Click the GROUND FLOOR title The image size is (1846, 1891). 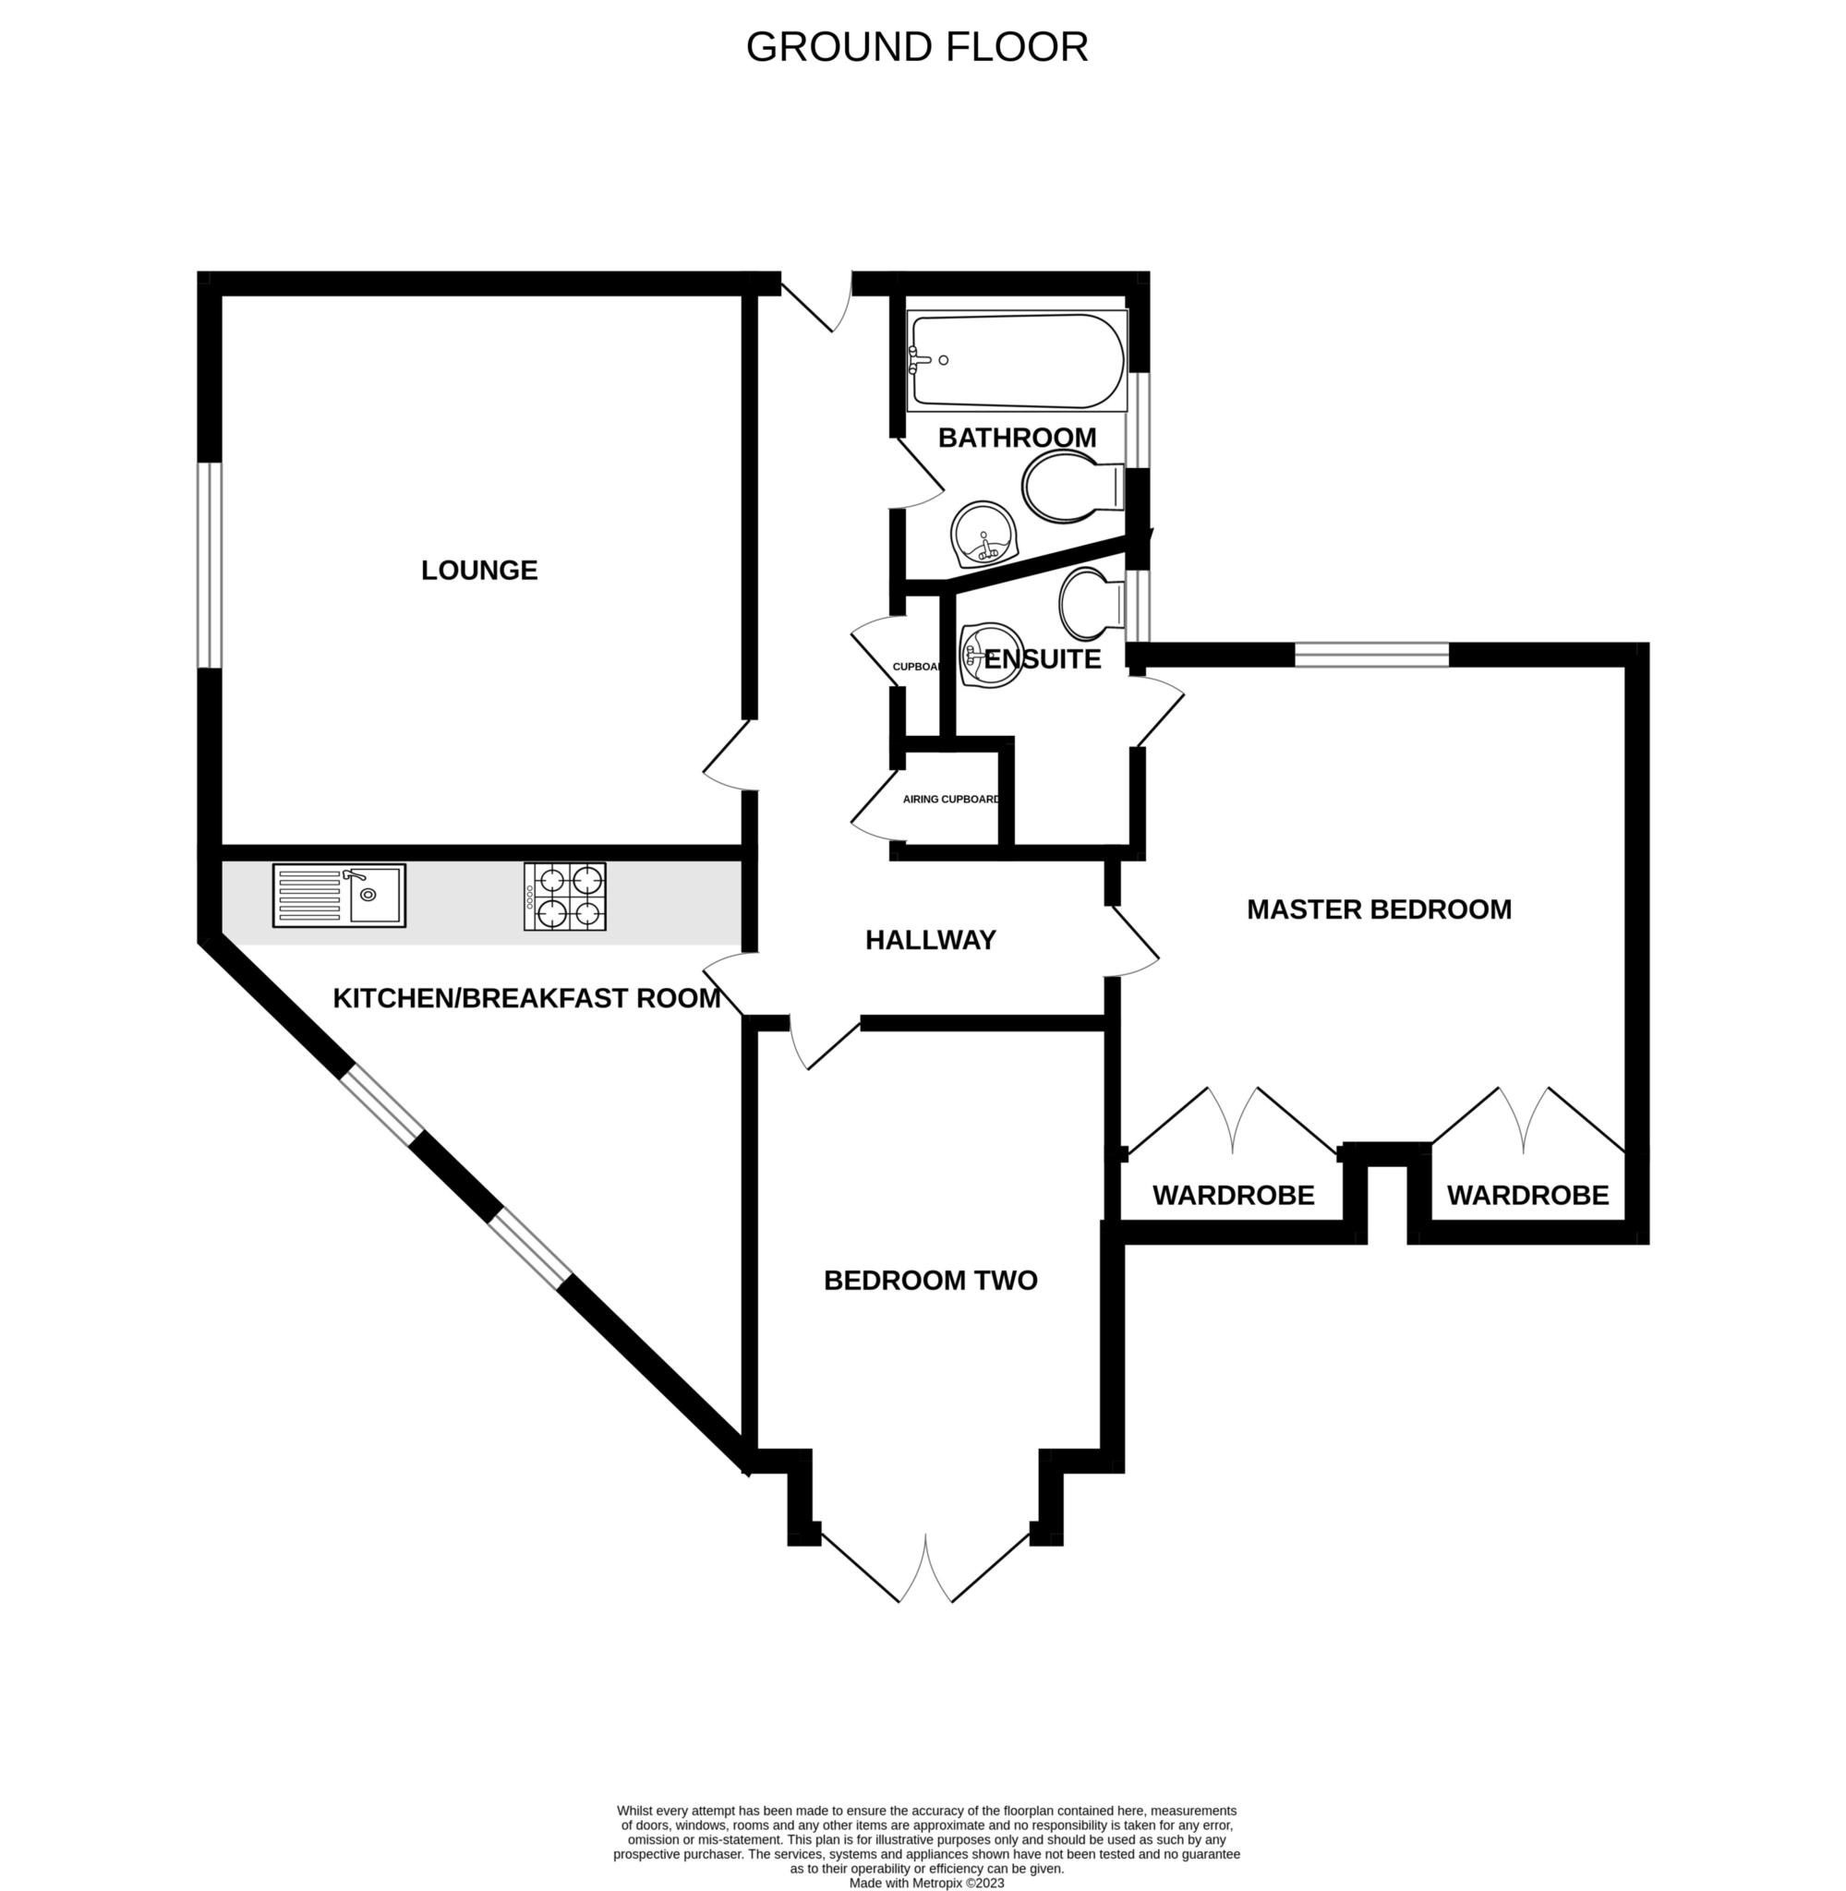(916, 46)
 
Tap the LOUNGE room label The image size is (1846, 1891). (479, 570)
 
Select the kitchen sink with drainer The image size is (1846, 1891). (338, 896)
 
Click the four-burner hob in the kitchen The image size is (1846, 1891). (565, 897)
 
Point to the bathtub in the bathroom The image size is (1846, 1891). (1016, 359)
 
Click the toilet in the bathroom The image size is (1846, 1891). (1071, 487)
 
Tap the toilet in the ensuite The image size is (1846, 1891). (1092, 603)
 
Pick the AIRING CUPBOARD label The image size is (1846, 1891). (950, 800)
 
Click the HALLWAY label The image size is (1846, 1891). (931, 940)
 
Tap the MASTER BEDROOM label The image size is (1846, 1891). (1379, 909)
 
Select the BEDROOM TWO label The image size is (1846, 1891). (931, 1281)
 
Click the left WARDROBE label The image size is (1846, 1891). (1233, 1195)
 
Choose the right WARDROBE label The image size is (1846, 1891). (1528, 1195)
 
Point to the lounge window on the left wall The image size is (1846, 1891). (209, 565)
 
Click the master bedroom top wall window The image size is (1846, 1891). (1371, 656)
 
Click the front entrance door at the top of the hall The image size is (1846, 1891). (816, 303)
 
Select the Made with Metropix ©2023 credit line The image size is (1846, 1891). (926, 1884)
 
